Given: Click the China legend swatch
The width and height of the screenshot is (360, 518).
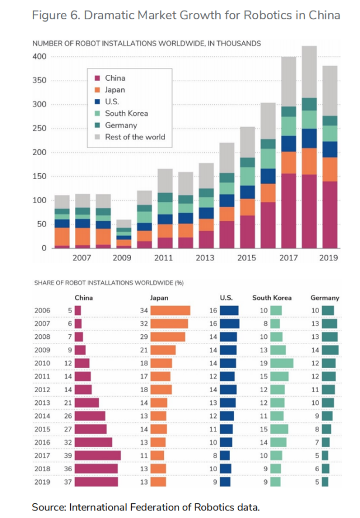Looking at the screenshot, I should click(x=97, y=78).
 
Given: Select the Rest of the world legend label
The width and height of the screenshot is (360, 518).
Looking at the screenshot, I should click(x=135, y=137).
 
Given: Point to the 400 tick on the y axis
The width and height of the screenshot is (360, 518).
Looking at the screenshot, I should click(x=39, y=57).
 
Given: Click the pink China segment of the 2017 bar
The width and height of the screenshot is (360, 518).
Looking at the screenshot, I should click(x=289, y=211).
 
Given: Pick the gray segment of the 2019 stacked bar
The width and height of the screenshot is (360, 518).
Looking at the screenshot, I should click(x=330, y=90).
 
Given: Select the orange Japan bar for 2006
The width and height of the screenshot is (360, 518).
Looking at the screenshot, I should click(x=170, y=311).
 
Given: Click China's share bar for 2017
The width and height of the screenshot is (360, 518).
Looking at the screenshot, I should click(x=97, y=455).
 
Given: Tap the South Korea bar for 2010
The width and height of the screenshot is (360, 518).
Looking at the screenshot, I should click(x=282, y=363).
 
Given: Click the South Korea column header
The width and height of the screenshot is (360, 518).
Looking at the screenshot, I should click(x=272, y=297).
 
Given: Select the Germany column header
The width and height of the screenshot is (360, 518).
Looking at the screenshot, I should click(x=325, y=297).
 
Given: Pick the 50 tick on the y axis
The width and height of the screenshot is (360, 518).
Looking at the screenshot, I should click(x=42, y=224).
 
